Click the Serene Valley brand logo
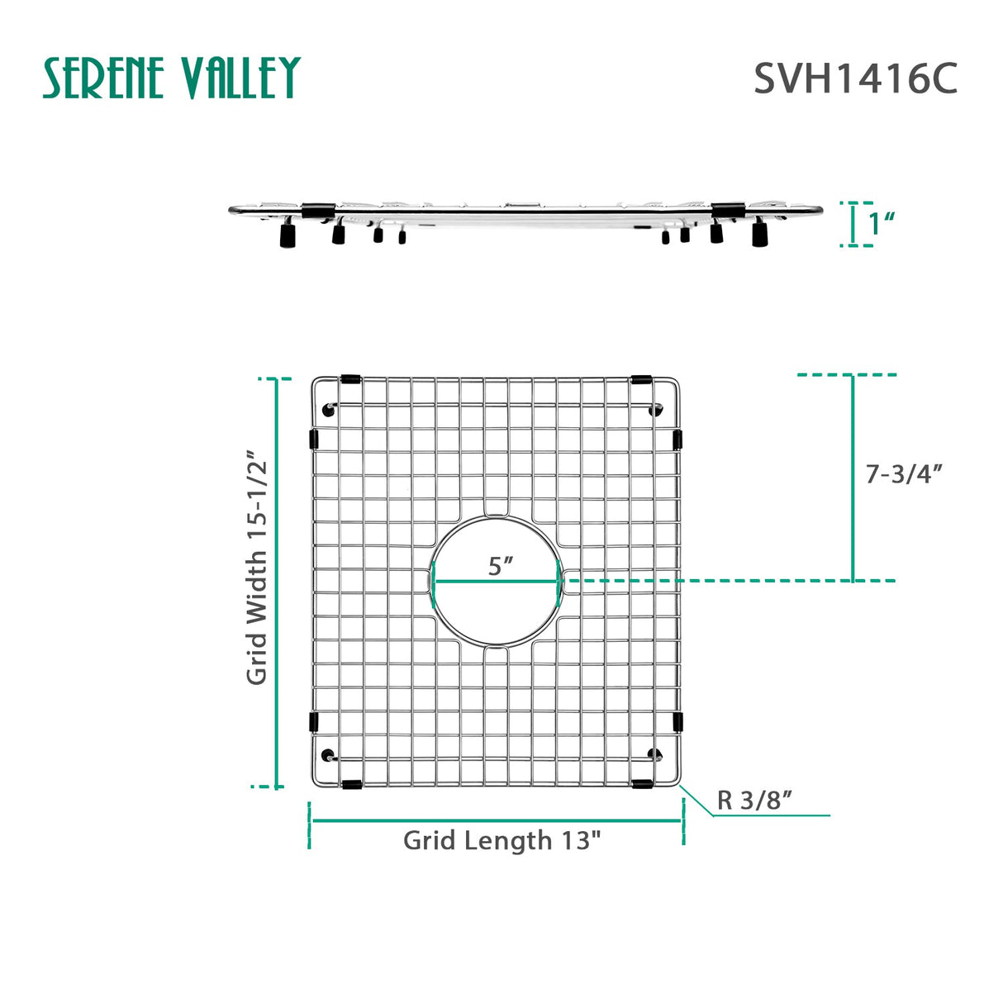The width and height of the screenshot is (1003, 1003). pos(171,78)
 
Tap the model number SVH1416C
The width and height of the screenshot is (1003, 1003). pos(855,79)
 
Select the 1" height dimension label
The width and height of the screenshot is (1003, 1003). pos(882,223)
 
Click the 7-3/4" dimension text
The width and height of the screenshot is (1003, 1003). pos(904,474)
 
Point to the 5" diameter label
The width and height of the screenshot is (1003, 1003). pos(500,567)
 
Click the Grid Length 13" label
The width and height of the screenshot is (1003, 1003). pos(501,840)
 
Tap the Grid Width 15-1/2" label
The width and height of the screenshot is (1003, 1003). pos(257,567)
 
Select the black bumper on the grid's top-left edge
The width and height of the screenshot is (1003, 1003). pos(349,380)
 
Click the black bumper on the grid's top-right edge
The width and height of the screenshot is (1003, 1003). pos(641,380)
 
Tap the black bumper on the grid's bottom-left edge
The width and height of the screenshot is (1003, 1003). pos(349,783)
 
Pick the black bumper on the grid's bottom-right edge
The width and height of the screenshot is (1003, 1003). pos(641,783)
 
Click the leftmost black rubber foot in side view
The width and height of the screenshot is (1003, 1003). pos(288,237)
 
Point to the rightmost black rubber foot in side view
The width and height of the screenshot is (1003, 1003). pos(759,235)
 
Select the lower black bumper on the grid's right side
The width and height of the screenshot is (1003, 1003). pos(677,722)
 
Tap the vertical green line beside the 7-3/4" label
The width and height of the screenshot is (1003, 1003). pos(853,478)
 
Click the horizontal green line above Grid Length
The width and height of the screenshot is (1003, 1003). pos(496,821)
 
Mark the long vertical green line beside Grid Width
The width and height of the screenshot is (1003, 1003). pos(278,582)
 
